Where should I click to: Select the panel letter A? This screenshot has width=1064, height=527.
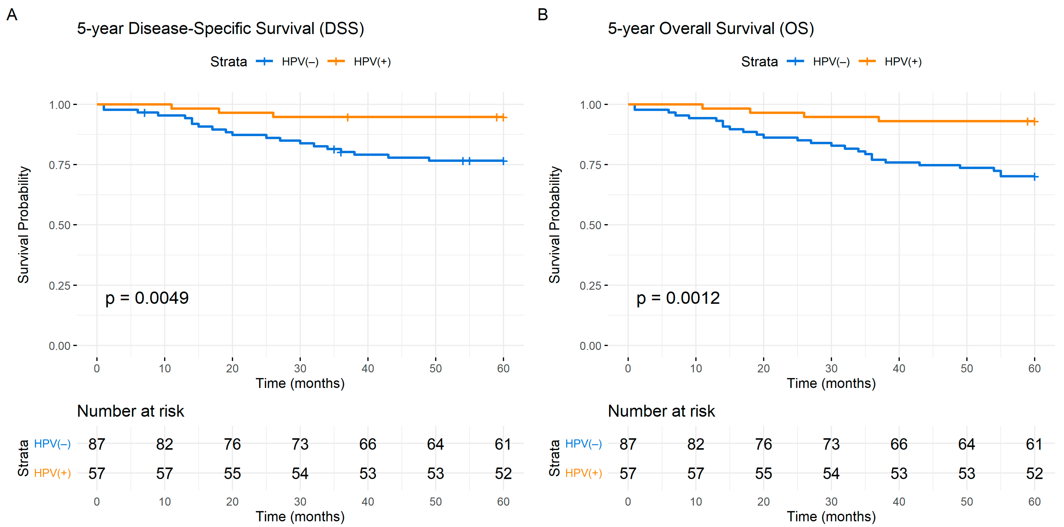tap(12, 15)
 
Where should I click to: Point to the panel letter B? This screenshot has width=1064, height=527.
tap(543, 15)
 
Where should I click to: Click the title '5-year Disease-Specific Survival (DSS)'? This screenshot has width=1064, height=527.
tap(220, 29)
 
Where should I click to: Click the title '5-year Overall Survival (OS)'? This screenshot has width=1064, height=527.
tap(711, 29)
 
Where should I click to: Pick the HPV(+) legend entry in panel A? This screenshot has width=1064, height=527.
tap(359, 61)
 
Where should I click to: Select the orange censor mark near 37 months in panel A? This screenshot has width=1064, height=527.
tap(348, 117)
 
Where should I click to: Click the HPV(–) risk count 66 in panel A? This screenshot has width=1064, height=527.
tap(368, 444)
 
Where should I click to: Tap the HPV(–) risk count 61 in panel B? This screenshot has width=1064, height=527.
tap(1034, 444)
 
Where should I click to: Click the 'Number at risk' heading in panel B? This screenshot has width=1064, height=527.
tap(661, 411)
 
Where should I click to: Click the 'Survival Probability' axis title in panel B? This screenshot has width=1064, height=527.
tap(554, 225)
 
